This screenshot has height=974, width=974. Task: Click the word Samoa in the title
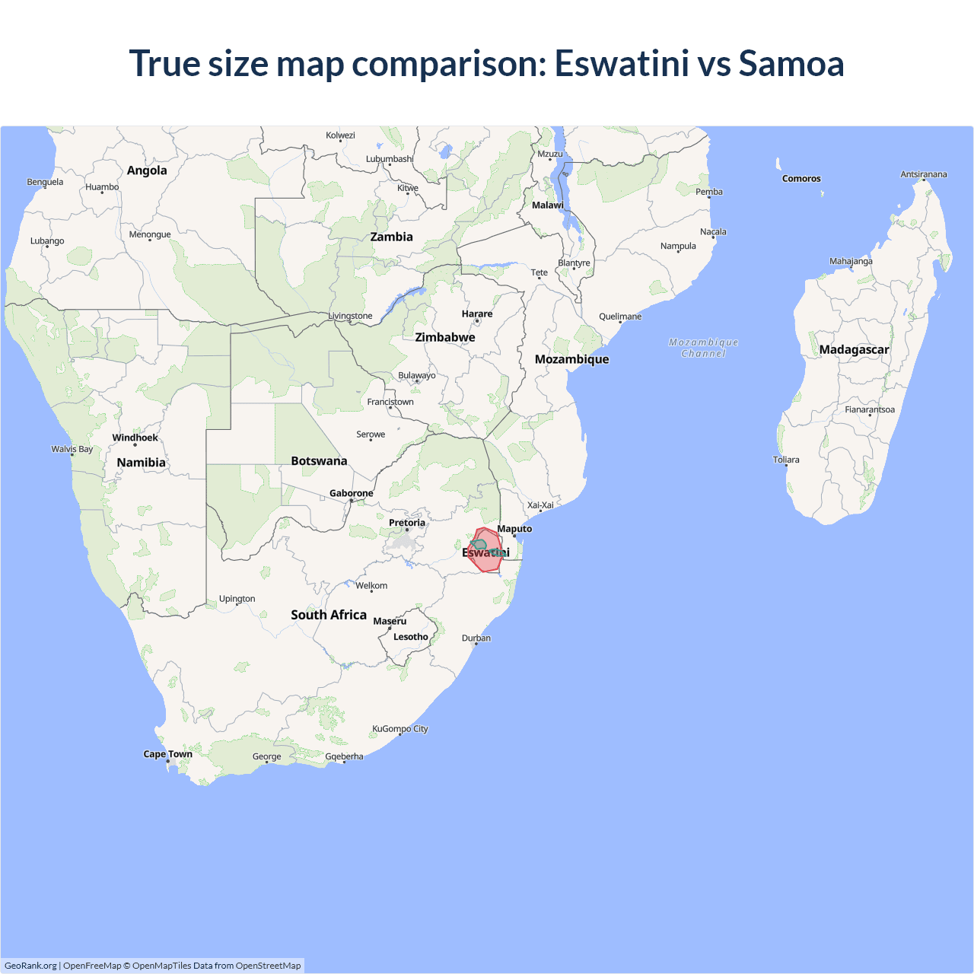[791, 63]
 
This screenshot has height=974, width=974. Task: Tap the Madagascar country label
[854, 350]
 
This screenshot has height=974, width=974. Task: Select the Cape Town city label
[167, 754]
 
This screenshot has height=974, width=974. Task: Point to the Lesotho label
[411, 637]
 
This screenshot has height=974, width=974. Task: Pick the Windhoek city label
[135, 438]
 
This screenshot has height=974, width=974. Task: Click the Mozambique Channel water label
[703, 348]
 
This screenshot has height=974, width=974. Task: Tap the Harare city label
[477, 314]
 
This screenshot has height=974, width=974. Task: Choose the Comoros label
[801, 179]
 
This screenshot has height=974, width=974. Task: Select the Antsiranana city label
[924, 174]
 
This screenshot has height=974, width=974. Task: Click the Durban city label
[476, 638]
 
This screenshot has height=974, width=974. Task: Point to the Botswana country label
[319, 461]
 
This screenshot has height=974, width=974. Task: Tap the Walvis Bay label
[72, 449]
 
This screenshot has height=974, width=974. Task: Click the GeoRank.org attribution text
[30, 966]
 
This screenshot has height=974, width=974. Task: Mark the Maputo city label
[514, 529]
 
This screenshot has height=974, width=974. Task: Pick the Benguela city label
[45, 182]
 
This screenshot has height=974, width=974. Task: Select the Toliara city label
[786, 460]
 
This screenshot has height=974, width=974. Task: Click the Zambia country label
[391, 237]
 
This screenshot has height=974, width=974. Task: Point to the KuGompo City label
[399, 729]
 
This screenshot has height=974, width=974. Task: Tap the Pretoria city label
[407, 523]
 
